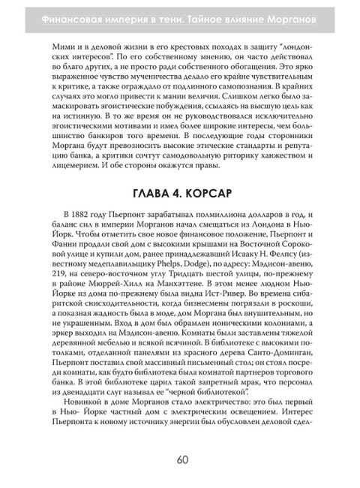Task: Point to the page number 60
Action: pos(180,459)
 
